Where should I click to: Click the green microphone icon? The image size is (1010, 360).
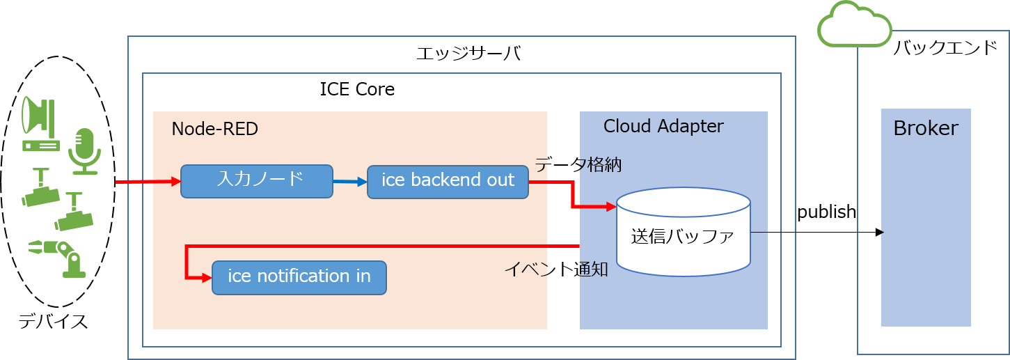(84, 150)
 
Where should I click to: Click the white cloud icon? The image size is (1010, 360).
(854, 26)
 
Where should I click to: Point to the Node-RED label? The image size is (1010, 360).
(205, 129)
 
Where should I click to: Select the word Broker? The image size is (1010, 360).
(925, 128)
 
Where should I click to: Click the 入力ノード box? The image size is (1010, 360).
(256, 181)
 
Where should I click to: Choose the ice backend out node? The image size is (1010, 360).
(448, 181)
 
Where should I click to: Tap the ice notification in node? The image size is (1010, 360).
(299, 277)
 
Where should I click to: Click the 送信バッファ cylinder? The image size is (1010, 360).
(683, 231)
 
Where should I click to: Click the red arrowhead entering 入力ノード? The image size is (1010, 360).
(175, 182)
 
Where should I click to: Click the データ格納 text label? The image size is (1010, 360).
(577, 164)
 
